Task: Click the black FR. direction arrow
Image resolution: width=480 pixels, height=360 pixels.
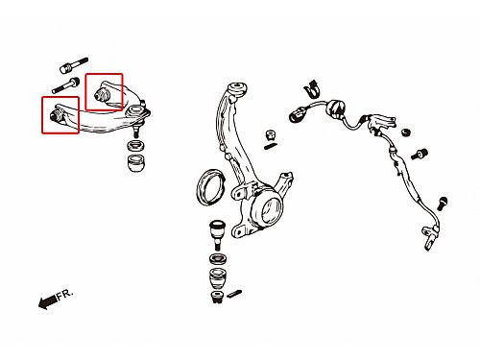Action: click(48, 301)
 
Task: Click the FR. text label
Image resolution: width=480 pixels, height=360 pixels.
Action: click(65, 294)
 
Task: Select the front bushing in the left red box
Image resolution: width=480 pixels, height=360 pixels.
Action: click(56, 115)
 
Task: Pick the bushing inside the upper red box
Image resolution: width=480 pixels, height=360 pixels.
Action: click(103, 94)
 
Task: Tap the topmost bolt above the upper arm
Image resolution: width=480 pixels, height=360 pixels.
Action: click(74, 65)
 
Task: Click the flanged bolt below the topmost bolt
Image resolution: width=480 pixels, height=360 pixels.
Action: click(65, 86)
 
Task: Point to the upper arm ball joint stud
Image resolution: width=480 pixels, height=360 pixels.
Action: click(136, 130)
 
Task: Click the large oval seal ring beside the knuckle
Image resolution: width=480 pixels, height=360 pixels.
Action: click(209, 186)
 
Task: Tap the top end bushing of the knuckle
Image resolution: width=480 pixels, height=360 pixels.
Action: click(237, 89)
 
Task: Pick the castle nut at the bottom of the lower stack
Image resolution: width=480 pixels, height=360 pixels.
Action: click(218, 297)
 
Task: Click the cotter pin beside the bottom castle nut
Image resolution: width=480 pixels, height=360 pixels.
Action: click(234, 294)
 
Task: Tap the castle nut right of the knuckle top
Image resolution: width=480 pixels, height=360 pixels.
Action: click(271, 135)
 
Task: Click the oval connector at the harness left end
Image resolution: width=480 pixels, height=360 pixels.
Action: click(297, 115)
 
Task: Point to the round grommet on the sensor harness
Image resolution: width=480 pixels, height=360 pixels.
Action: click(335, 108)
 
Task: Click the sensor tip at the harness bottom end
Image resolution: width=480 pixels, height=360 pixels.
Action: click(429, 237)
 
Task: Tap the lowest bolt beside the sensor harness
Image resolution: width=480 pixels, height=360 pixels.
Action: click(443, 203)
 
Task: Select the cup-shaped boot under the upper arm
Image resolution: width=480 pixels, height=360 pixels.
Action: click(136, 162)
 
